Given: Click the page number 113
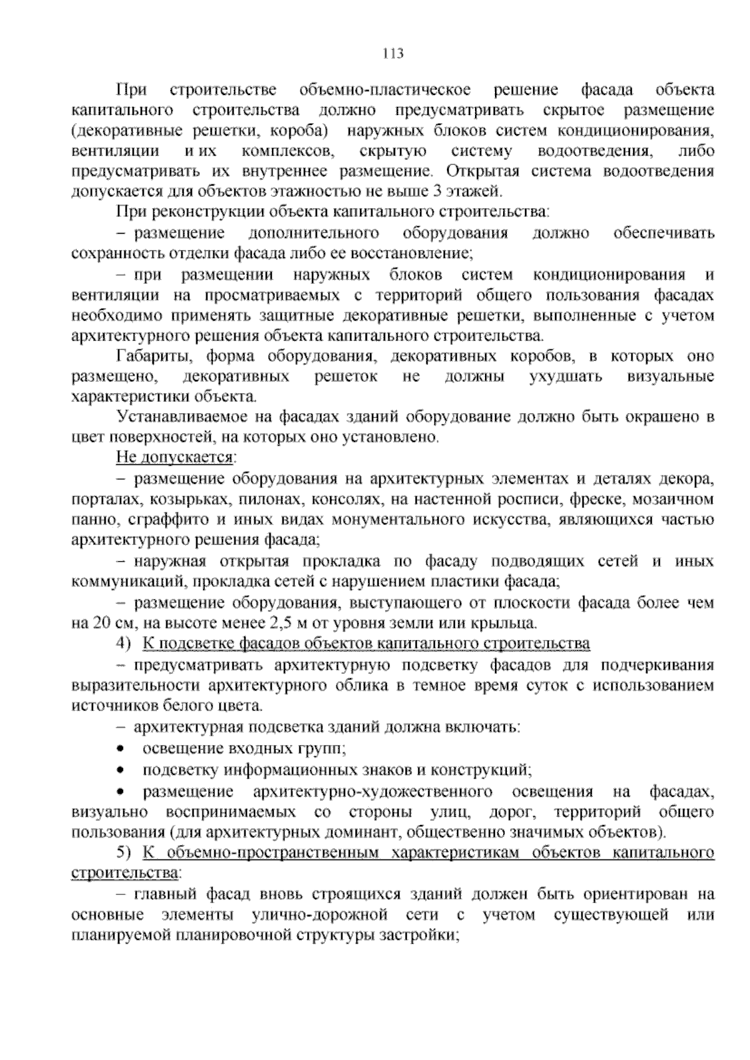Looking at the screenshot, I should click(393, 53).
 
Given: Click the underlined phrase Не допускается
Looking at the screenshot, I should click(174, 458).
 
